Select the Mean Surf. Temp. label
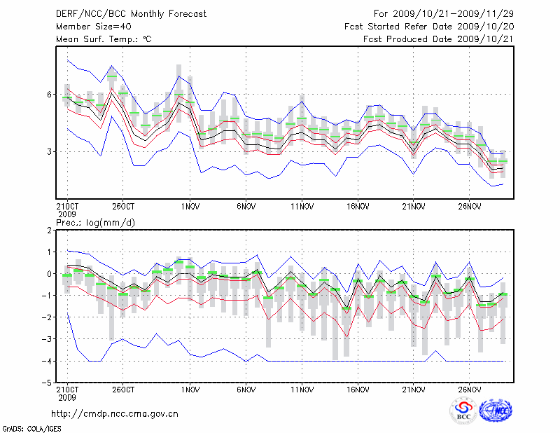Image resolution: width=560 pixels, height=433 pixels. [x=104, y=39]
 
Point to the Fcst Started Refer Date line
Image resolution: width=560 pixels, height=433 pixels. [x=430, y=27]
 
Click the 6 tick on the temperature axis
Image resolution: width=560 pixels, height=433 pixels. [x=50, y=95]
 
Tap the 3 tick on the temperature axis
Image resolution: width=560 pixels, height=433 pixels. [x=50, y=151]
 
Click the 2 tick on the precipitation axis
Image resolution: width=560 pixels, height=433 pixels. [x=50, y=230]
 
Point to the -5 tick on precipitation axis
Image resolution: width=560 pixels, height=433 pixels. [x=48, y=383]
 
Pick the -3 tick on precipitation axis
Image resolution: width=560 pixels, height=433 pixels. [x=48, y=340]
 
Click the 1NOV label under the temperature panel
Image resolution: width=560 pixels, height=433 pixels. [x=190, y=207]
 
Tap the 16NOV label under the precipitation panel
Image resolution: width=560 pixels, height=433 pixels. [x=358, y=390]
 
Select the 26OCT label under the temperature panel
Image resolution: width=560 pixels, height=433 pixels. [x=123, y=207]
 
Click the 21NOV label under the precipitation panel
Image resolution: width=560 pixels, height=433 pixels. [x=413, y=390]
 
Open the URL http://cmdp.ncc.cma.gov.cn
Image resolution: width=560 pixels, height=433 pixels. [x=115, y=413]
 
